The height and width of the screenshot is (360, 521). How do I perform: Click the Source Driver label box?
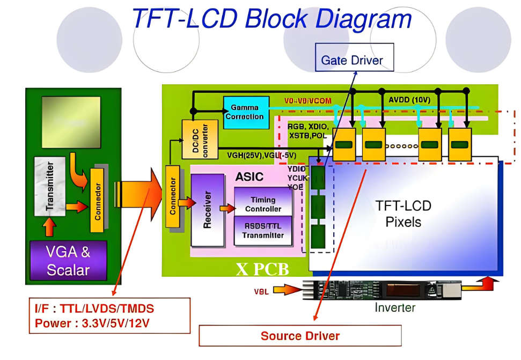(x=300, y=336)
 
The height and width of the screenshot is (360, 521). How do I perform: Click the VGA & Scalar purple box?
(x=68, y=260)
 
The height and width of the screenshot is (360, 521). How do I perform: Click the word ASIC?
(x=251, y=176)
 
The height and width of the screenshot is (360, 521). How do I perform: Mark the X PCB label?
(x=262, y=268)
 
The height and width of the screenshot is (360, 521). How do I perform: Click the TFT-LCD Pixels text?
(x=403, y=214)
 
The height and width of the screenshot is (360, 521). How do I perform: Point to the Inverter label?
(x=395, y=307)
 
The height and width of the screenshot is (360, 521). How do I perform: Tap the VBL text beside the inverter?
(x=261, y=291)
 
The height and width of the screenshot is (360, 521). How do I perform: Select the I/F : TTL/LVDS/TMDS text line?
(x=94, y=308)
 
